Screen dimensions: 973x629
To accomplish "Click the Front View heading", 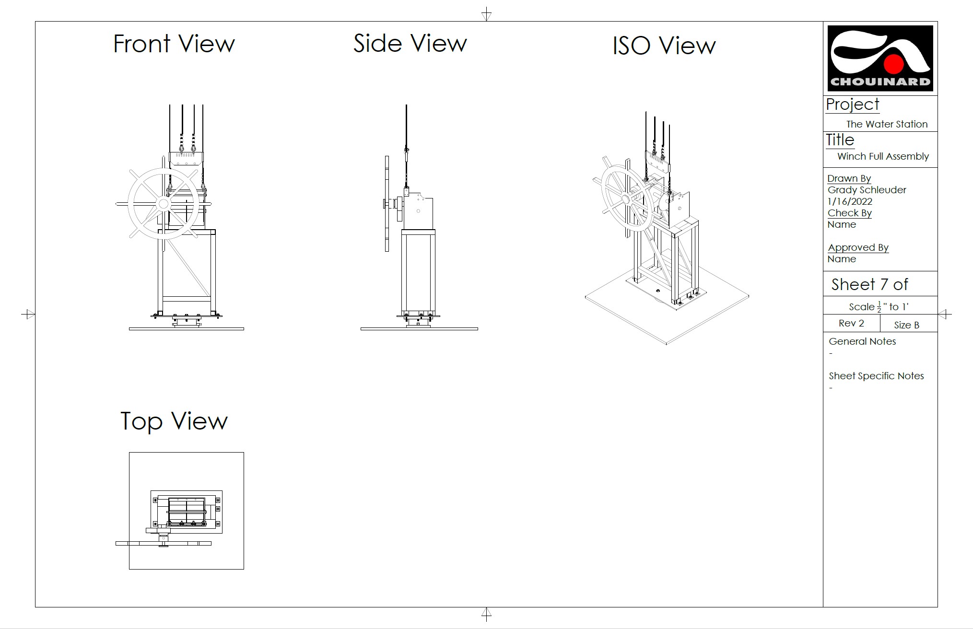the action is click(174, 44).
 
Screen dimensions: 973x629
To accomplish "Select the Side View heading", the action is click(410, 44).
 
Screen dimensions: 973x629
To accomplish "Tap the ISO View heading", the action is click(664, 46).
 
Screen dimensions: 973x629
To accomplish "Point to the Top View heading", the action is click(174, 421).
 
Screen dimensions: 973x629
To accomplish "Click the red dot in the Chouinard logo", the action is click(894, 64).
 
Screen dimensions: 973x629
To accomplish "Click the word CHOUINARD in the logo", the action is click(880, 82).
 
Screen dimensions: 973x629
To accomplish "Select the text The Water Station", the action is click(887, 124).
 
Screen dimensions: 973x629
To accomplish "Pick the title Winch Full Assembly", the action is click(883, 156).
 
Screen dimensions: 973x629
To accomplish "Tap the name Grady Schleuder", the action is click(867, 190).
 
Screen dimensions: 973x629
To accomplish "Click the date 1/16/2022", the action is click(850, 201).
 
